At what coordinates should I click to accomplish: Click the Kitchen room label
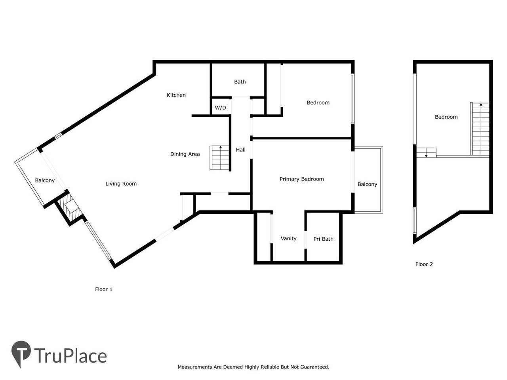tap(176, 95)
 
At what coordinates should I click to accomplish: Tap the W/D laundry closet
tap(220, 108)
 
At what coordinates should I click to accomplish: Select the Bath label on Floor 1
tap(240, 82)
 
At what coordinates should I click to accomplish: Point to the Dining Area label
tap(185, 154)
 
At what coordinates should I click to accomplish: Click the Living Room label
tap(121, 184)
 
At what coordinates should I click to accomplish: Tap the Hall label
tap(240, 150)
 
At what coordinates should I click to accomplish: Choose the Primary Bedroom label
tap(301, 179)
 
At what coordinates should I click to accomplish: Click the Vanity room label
tap(288, 238)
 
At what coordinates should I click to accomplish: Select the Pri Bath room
tap(323, 239)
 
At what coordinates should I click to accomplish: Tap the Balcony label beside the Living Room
tap(45, 180)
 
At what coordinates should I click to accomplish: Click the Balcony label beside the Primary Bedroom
tap(367, 184)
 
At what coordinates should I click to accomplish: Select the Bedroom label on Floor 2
tap(446, 117)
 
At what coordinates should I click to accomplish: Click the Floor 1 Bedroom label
tap(318, 103)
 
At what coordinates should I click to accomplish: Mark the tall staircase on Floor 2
tap(480, 129)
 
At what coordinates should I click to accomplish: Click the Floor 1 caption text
tap(104, 289)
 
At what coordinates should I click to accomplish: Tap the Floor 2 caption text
tap(424, 264)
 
